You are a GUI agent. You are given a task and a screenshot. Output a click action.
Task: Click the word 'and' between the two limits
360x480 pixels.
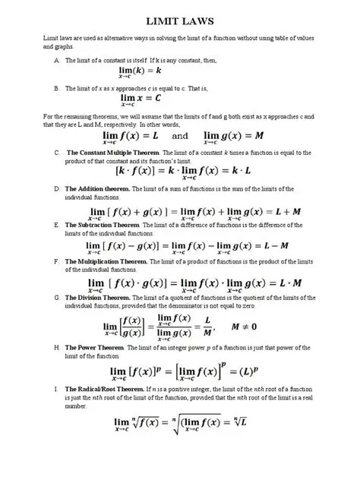click(182, 137)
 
